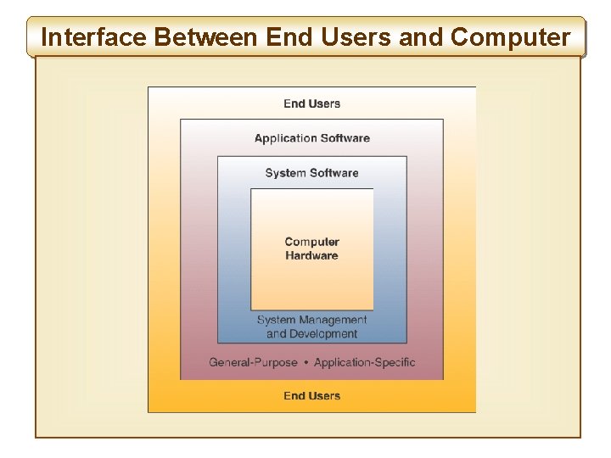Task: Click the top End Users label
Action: tap(311, 103)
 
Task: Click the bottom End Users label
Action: tap(311, 395)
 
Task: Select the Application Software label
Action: tap(311, 138)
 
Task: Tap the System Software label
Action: tap(311, 173)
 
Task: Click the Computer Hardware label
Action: tap(311, 249)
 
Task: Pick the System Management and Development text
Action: tap(311, 327)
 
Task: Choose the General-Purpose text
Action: tap(253, 362)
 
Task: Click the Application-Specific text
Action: tap(365, 362)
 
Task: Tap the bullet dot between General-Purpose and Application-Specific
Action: tap(305, 362)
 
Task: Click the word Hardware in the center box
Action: tap(311, 255)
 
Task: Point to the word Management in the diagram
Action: tap(333, 320)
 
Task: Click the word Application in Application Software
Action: tap(283, 138)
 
